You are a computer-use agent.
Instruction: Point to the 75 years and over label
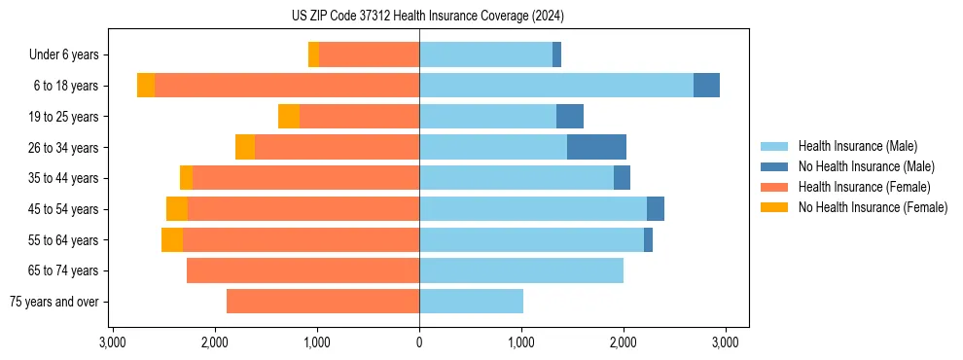53,302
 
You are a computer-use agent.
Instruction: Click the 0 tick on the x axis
419,342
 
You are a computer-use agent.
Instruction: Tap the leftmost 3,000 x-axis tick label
113,342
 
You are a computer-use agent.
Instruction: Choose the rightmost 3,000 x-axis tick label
725,342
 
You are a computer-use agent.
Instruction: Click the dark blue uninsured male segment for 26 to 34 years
596,147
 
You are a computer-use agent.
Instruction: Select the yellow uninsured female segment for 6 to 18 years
146,86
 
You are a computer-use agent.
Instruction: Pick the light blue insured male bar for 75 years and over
471,302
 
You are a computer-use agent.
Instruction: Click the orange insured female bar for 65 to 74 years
303,270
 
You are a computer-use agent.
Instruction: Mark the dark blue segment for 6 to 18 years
706,86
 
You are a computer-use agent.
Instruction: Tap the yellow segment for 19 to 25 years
289,117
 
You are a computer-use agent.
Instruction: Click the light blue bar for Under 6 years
485,54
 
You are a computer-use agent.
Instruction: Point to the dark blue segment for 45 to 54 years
656,209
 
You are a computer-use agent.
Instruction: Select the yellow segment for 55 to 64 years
172,240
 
